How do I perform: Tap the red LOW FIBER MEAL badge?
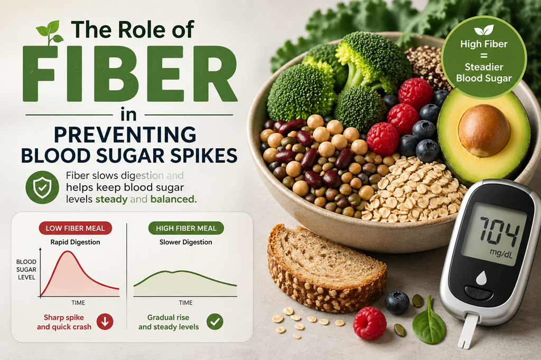pos(75,228)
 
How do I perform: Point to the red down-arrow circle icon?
pos(105,322)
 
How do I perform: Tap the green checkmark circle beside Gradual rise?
pos(214,321)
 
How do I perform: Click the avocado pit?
pos(484,129)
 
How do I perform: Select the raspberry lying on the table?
pos(370,323)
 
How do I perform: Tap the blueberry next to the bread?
pos(397,302)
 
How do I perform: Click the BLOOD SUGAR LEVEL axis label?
pos(26,269)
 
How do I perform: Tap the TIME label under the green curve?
pos(185,303)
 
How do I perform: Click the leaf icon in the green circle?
pos(484,30)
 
